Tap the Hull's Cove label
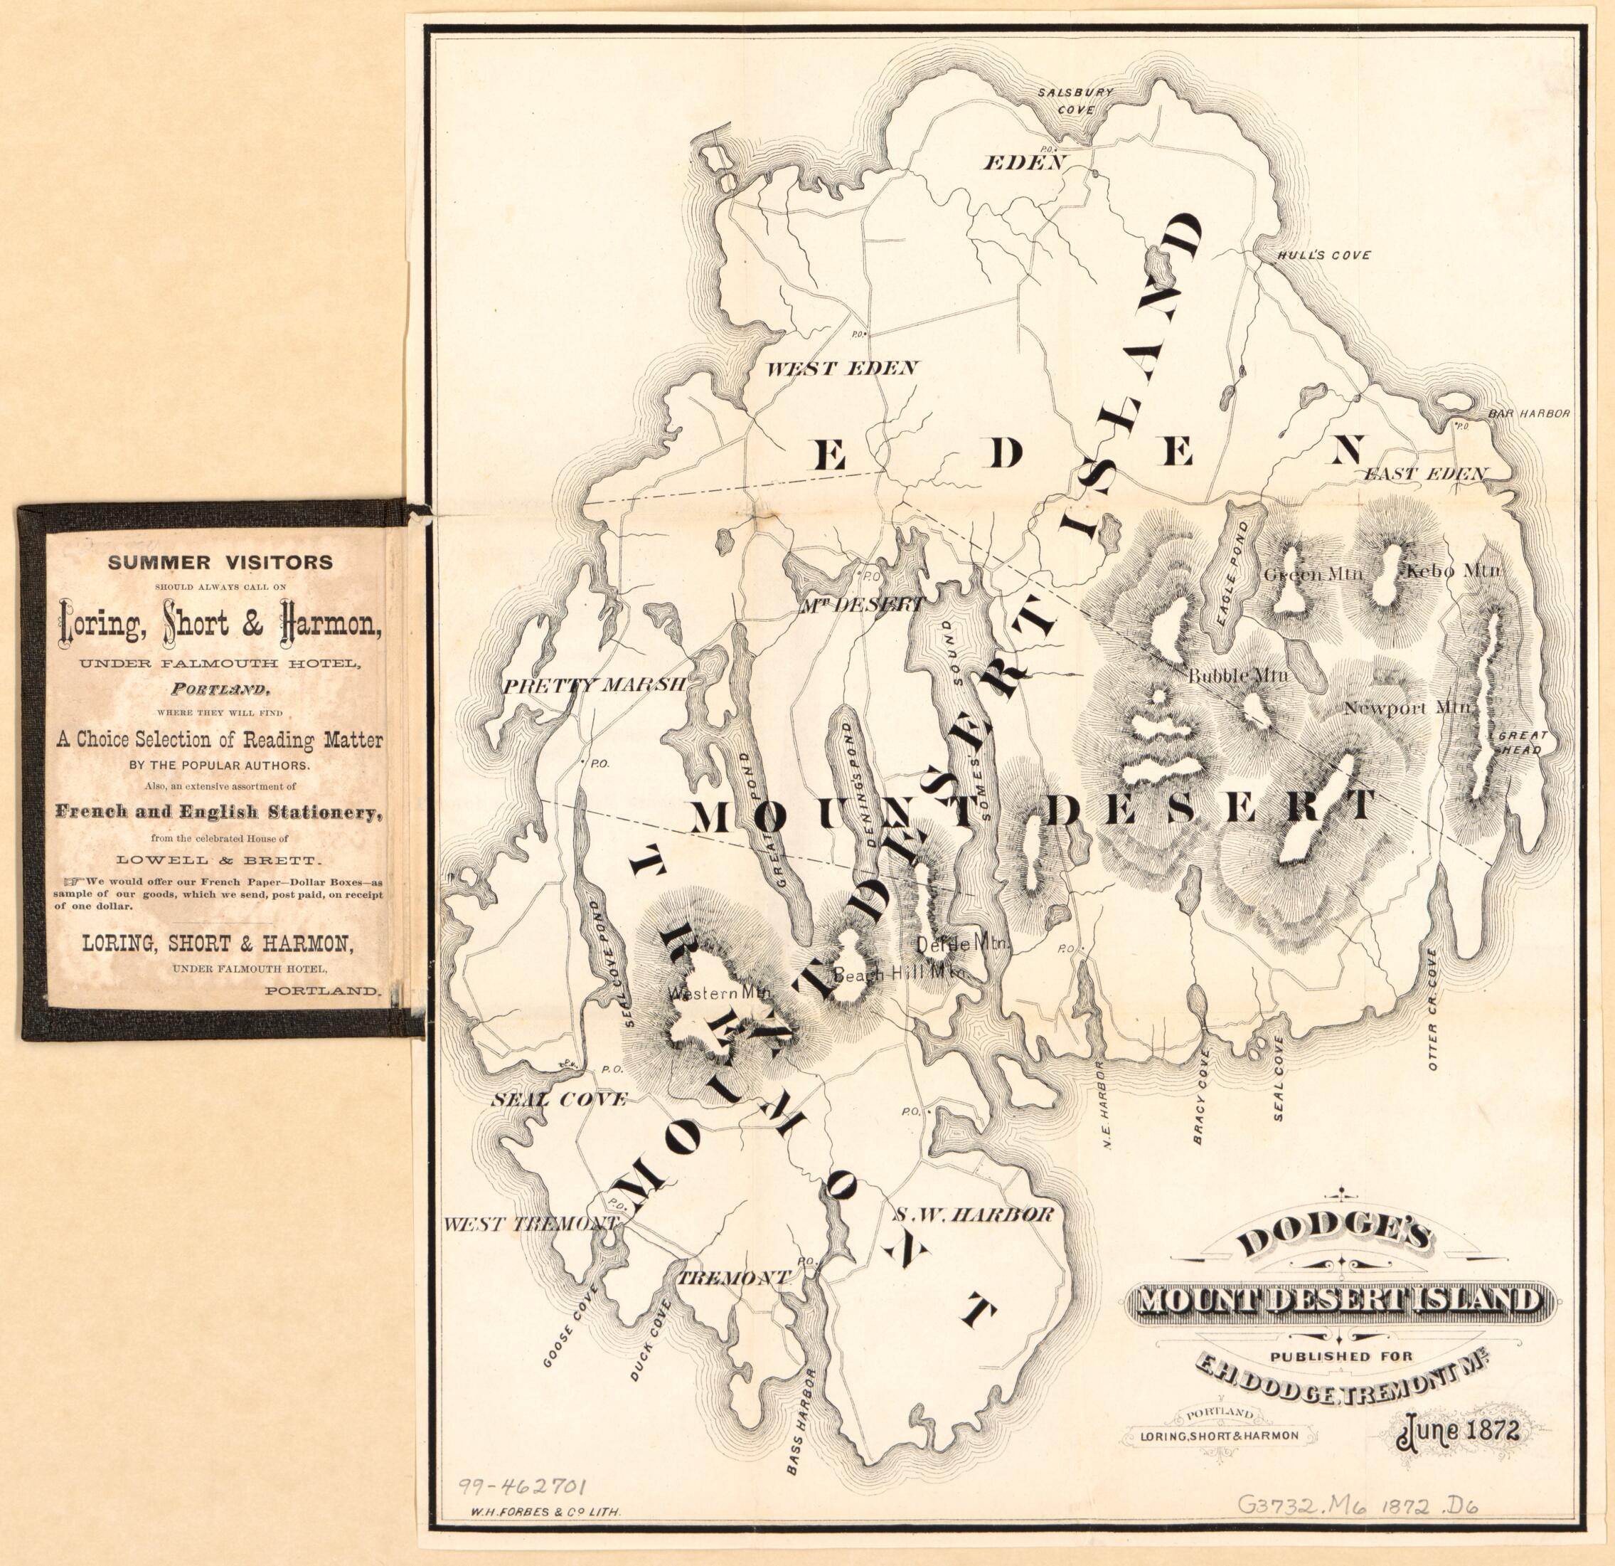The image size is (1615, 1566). pyautogui.click(x=1323, y=255)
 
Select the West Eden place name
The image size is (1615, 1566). pyautogui.click(x=841, y=369)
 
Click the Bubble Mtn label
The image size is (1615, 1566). pyautogui.click(x=1238, y=676)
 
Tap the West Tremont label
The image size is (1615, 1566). pyautogui.click(x=530, y=1224)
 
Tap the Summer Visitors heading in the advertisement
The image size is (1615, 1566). pyautogui.click(x=220, y=562)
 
